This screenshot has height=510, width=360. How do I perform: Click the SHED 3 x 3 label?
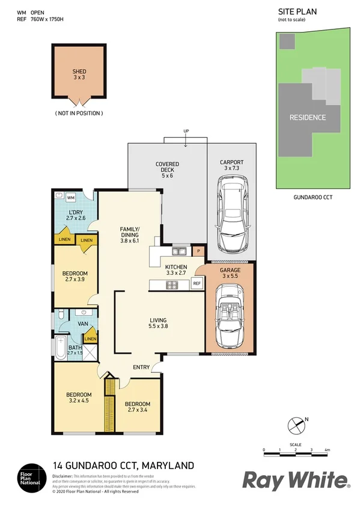coord(79,74)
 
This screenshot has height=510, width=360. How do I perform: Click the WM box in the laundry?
coord(70,198)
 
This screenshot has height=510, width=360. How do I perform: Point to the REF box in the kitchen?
coord(197,284)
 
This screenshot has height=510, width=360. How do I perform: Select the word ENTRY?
coord(142,367)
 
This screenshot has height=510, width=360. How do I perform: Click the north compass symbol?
coord(296,425)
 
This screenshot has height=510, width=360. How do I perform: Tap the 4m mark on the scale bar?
coord(327,450)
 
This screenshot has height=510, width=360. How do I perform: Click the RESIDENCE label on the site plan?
coord(307,117)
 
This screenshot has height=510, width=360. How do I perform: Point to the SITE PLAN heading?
coord(297,11)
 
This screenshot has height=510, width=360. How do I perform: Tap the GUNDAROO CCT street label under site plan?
coord(312,197)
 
